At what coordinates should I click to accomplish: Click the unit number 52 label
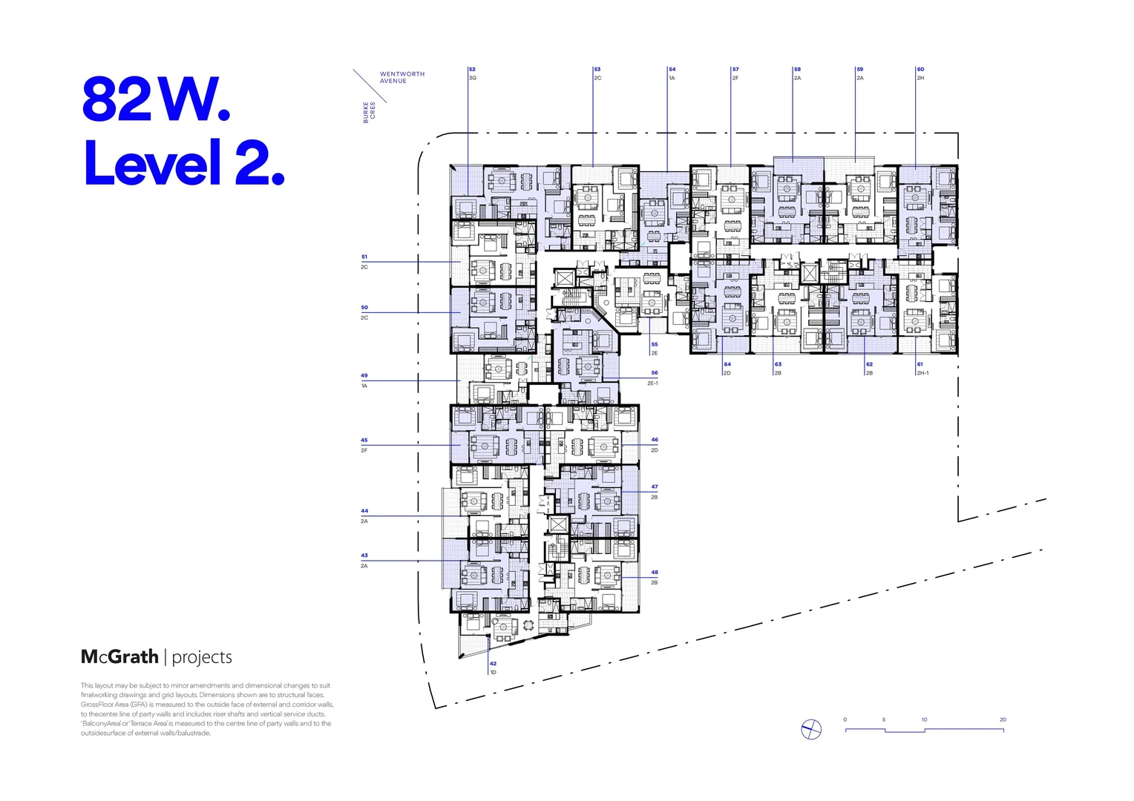[x=472, y=69]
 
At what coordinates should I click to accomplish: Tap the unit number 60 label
[x=920, y=69]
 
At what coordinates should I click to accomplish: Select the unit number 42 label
[x=493, y=664]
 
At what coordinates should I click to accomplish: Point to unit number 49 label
[x=364, y=375]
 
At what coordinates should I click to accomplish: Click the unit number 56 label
[x=655, y=373]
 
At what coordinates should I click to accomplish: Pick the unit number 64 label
[x=727, y=364]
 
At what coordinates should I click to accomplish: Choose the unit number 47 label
[x=655, y=487]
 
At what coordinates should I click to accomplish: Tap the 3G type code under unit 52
[x=473, y=78]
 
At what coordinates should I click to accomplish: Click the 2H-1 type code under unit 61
[x=922, y=373]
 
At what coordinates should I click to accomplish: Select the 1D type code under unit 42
[x=493, y=673]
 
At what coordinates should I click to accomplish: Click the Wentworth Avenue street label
[x=402, y=77]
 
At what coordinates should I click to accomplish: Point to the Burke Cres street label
[x=369, y=112]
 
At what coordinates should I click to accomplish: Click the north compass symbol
[x=811, y=730]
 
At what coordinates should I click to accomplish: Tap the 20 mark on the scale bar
[x=1003, y=719]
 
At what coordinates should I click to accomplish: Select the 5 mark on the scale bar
[x=884, y=719]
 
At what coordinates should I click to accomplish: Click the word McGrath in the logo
[x=119, y=656]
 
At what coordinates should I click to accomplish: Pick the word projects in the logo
[x=202, y=657]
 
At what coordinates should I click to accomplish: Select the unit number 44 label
[x=364, y=511]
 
